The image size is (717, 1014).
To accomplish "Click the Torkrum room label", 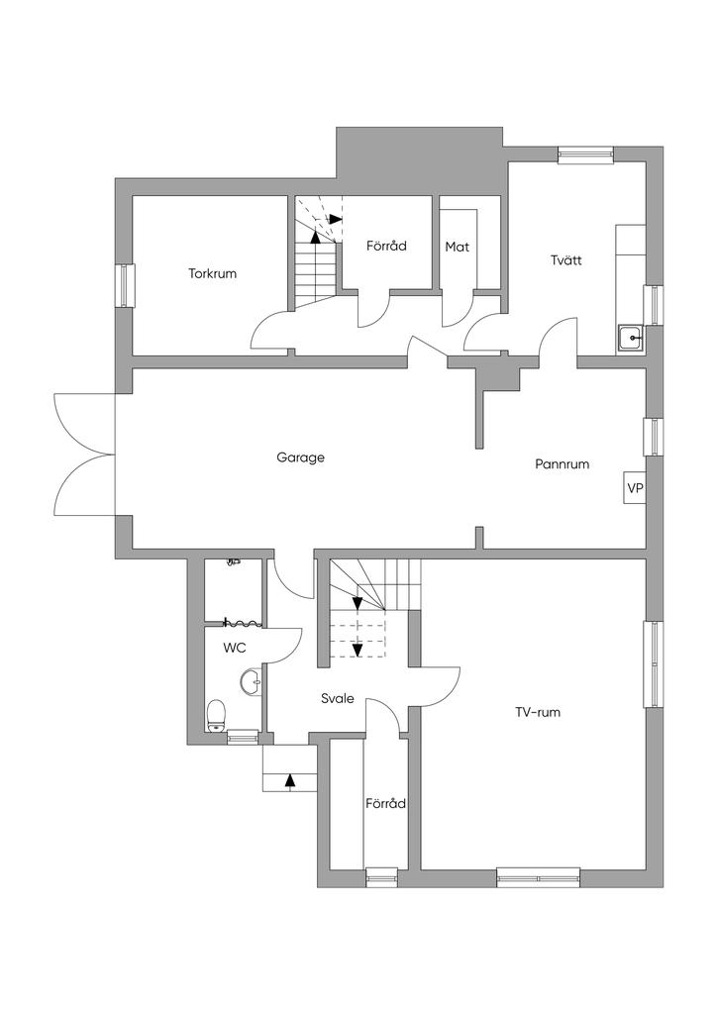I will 213,273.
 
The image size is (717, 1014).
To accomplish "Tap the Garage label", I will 300,457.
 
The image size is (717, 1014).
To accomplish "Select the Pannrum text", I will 563,463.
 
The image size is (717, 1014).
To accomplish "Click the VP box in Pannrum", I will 634,488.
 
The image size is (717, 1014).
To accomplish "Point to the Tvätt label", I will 565,260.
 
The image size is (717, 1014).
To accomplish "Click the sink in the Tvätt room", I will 630,340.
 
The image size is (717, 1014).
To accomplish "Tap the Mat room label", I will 457,247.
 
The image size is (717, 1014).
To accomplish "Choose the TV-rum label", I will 538,711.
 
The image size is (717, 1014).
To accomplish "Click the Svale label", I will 337,698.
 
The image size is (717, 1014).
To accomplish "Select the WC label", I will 235,648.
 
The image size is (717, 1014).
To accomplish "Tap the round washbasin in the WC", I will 252,681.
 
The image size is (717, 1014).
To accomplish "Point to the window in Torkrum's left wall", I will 125,285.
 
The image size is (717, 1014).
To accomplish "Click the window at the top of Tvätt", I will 585,153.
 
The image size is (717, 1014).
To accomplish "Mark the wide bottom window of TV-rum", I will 538,874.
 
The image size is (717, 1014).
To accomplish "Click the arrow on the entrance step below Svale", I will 290,779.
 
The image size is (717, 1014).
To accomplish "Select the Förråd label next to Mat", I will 386,246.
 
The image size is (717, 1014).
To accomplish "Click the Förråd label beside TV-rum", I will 385,804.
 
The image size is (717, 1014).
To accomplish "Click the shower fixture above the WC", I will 234,560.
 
